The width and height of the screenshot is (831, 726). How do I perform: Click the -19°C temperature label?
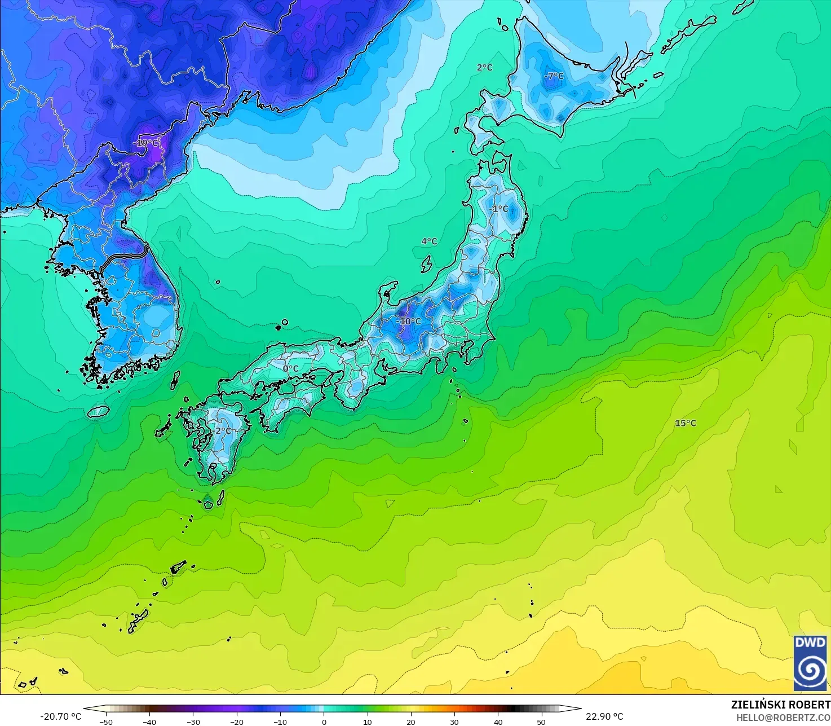point(147,143)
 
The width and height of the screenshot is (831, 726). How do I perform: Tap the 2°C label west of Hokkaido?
point(484,68)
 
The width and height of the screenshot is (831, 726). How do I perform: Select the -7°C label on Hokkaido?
point(554,76)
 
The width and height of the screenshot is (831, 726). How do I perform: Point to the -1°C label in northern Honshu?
point(499,209)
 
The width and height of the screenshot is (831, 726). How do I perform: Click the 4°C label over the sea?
point(429,241)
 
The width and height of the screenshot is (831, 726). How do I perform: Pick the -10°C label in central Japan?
point(409,322)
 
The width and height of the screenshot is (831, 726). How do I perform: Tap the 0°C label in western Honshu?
point(291,369)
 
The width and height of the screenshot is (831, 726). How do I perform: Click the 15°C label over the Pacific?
point(686,423)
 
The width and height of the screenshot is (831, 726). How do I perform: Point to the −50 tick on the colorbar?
point(105,721)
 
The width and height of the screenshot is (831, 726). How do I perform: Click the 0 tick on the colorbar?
point(324,721)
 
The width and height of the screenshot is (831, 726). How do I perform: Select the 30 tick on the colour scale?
point(454,721)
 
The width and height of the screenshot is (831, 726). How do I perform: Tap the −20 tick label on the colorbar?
point(236,721)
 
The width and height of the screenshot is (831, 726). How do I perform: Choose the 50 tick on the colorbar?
point(541,721)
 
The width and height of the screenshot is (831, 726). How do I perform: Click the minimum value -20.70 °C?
point(61,716)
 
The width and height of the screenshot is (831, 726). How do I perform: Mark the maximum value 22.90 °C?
point(604,716)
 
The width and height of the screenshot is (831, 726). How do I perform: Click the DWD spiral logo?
point(810,663)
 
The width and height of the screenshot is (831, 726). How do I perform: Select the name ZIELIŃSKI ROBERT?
point(781,705)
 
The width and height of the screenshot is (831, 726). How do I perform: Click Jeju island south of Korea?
point(99,412)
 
